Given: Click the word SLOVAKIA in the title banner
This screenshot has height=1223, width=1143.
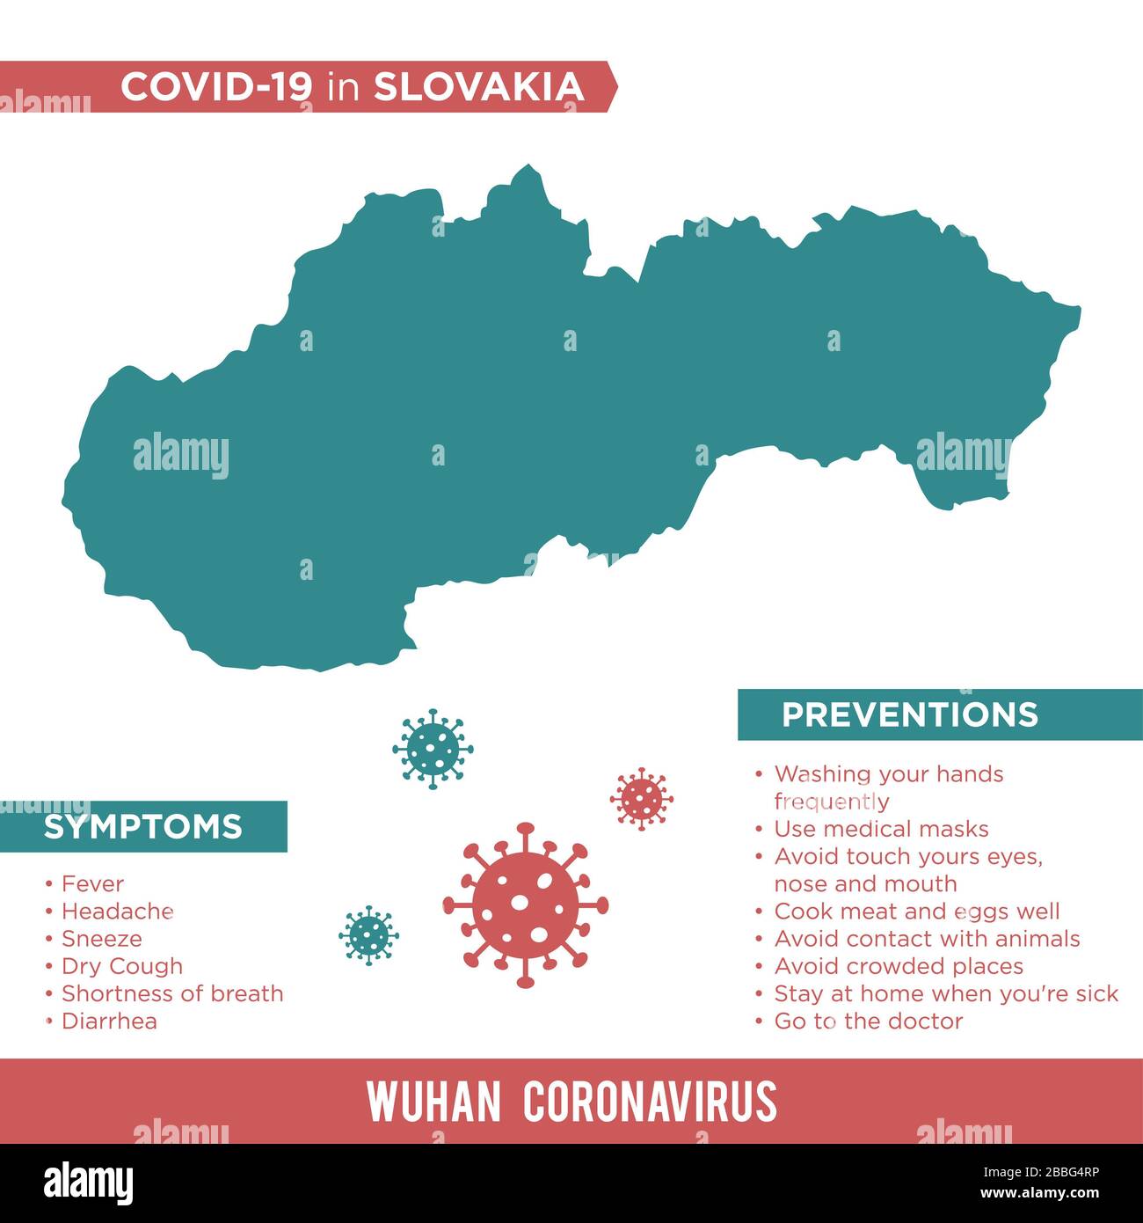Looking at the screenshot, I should point(479,87).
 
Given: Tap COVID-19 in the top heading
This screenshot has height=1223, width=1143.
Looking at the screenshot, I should point(216,87).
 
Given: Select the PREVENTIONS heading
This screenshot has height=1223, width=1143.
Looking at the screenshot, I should point(910,714).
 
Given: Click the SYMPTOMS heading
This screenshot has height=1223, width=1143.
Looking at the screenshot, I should point(142,827).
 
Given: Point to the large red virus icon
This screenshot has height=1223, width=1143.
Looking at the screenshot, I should point(525,904).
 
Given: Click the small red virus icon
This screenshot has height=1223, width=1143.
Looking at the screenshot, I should point(642,799).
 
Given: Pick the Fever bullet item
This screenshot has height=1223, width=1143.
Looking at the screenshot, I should point(92,883).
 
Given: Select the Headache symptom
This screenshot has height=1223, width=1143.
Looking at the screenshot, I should point(117,911).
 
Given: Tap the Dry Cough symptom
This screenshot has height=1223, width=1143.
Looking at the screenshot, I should point(122,966).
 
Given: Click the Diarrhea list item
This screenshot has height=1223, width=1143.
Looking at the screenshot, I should point(109,1021).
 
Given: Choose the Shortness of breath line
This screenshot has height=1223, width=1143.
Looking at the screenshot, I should point(172,993).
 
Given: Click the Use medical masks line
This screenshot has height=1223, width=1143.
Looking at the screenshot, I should point(881,829).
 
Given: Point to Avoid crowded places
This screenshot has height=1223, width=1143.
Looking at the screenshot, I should point(899,966).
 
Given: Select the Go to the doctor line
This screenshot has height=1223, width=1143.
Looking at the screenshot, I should point(868,1021).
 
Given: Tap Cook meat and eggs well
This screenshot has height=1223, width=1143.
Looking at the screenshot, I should point(917,912).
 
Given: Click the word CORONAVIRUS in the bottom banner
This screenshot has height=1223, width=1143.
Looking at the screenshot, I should point(650,1102).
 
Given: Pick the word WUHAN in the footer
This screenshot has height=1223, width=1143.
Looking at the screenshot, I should point(433,1102).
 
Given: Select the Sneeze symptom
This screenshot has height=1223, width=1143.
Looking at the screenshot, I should point(101,939).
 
